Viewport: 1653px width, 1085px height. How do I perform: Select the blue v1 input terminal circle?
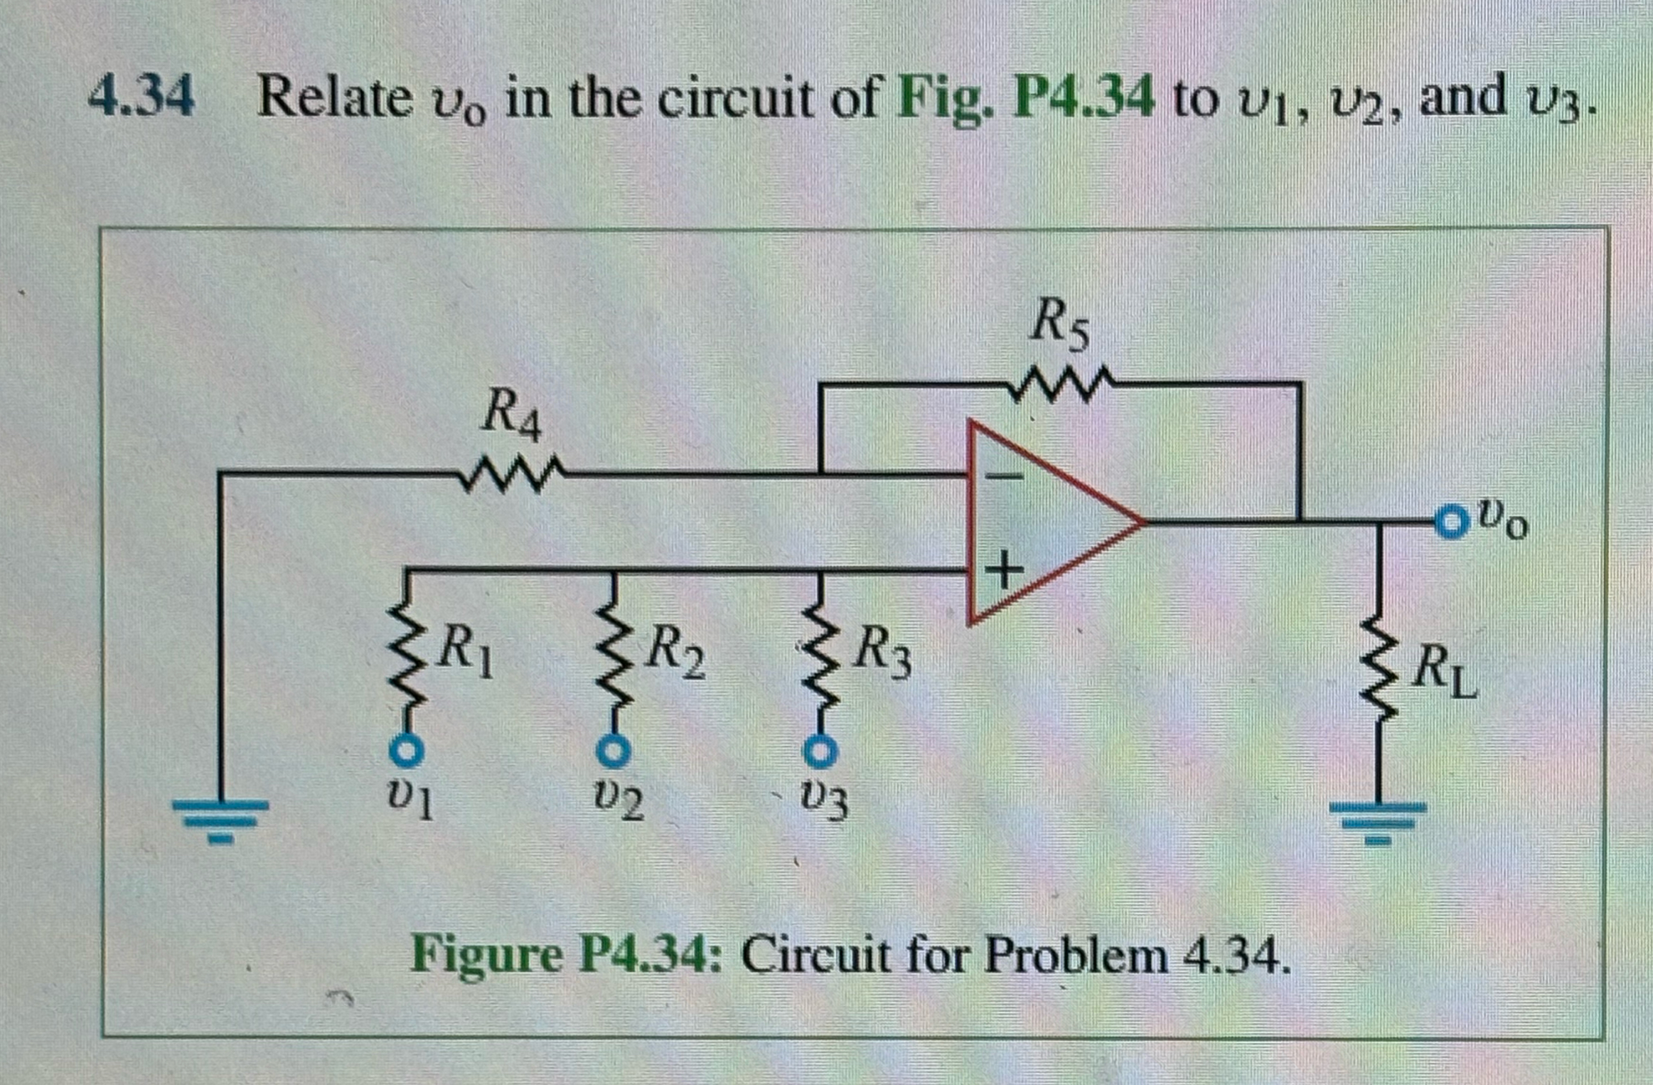coord(407,752)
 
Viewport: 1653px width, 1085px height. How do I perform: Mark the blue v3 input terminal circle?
coord(820,751)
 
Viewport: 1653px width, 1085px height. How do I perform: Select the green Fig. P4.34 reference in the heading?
coord(1025,100)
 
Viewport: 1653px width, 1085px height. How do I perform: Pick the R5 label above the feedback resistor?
coord(1059,324)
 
